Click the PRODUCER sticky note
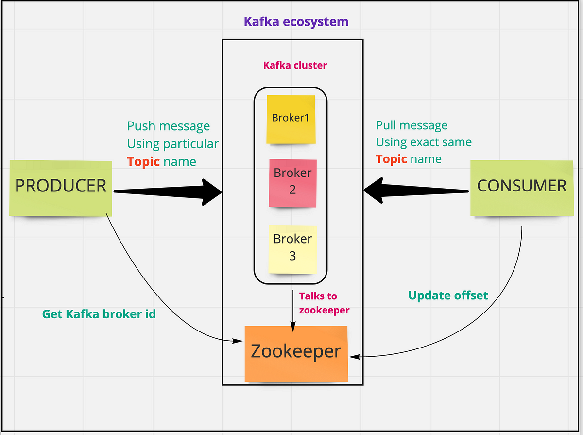point(61,188)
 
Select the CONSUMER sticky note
point(522,188)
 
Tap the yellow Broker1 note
point(291,119)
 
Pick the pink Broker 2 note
point(292,183)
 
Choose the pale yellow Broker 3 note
point(292,249)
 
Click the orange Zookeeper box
point(296,353)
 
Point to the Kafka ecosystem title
point(296,22)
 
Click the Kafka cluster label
point(295,65)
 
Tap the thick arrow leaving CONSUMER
point(416,191)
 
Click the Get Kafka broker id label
point(99,314)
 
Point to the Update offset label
point(448,296)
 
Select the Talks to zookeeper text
point(324,303)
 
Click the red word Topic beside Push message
point(143,162)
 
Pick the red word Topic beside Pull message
point(392,159)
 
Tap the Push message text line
point(169,126)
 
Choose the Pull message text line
point(412,125)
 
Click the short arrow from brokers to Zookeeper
point(293,311)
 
